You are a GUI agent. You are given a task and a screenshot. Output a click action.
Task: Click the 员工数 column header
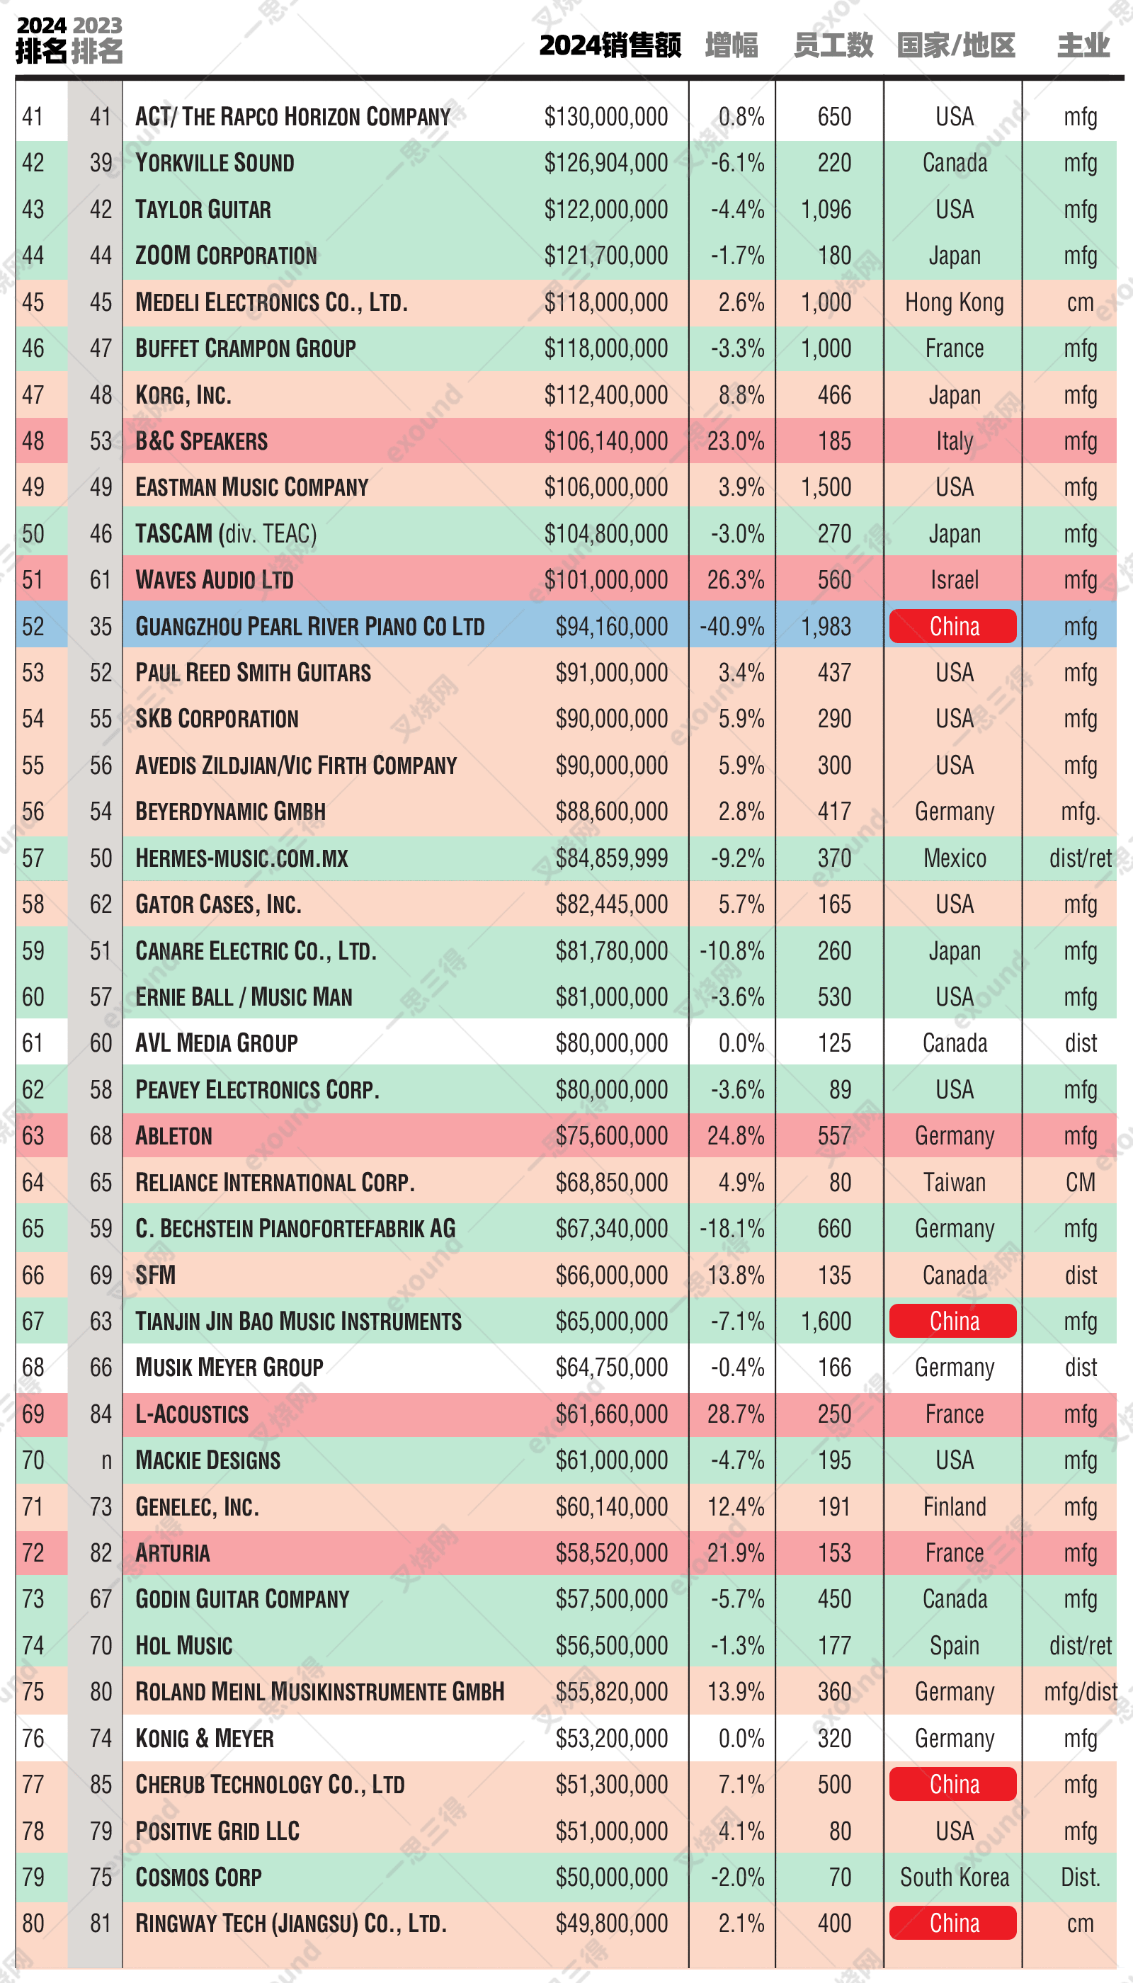(x=833, y=45)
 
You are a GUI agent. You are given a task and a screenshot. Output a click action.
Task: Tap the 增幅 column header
(x=731, y=45)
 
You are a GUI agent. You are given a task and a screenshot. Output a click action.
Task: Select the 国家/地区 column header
(x=955, y=45)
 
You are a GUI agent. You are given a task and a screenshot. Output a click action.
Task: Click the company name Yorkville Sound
(x=215, y=163)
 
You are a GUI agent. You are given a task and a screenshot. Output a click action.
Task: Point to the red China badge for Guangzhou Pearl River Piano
(x=953, y=627)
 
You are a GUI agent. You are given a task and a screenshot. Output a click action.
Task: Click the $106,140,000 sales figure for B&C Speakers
(x=605, y=441)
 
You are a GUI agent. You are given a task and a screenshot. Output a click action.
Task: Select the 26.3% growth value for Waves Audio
(x=735, y=580)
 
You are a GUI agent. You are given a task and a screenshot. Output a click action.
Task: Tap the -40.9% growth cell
(x=731, y=627)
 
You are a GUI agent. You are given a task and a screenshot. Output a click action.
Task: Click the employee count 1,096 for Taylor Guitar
(x=826, y=210)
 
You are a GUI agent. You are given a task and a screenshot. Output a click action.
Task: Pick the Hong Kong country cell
(x=954, y=302)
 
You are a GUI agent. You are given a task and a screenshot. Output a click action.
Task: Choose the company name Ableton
(x=173, y=1136)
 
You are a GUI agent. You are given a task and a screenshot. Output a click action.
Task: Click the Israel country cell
(x=954, y=580)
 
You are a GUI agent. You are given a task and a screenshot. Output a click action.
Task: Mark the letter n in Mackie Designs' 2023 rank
(x=107, y=1461)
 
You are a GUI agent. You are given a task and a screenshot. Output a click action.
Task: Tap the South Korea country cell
(x=954, y=1877)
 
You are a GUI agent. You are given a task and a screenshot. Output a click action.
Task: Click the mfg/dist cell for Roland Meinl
(x=1080, y=1692)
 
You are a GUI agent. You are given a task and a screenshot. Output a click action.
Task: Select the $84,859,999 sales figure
(x=611, y=858)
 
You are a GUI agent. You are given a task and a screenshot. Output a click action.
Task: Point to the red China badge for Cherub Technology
(x=953, y=1785)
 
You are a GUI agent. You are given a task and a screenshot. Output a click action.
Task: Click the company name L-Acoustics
(x=192, y=1414)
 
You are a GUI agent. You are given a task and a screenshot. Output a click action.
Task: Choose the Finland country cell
(x=954, y=1506)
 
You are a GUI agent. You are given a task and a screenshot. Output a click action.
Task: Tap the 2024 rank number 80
(x=33, y=1924)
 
